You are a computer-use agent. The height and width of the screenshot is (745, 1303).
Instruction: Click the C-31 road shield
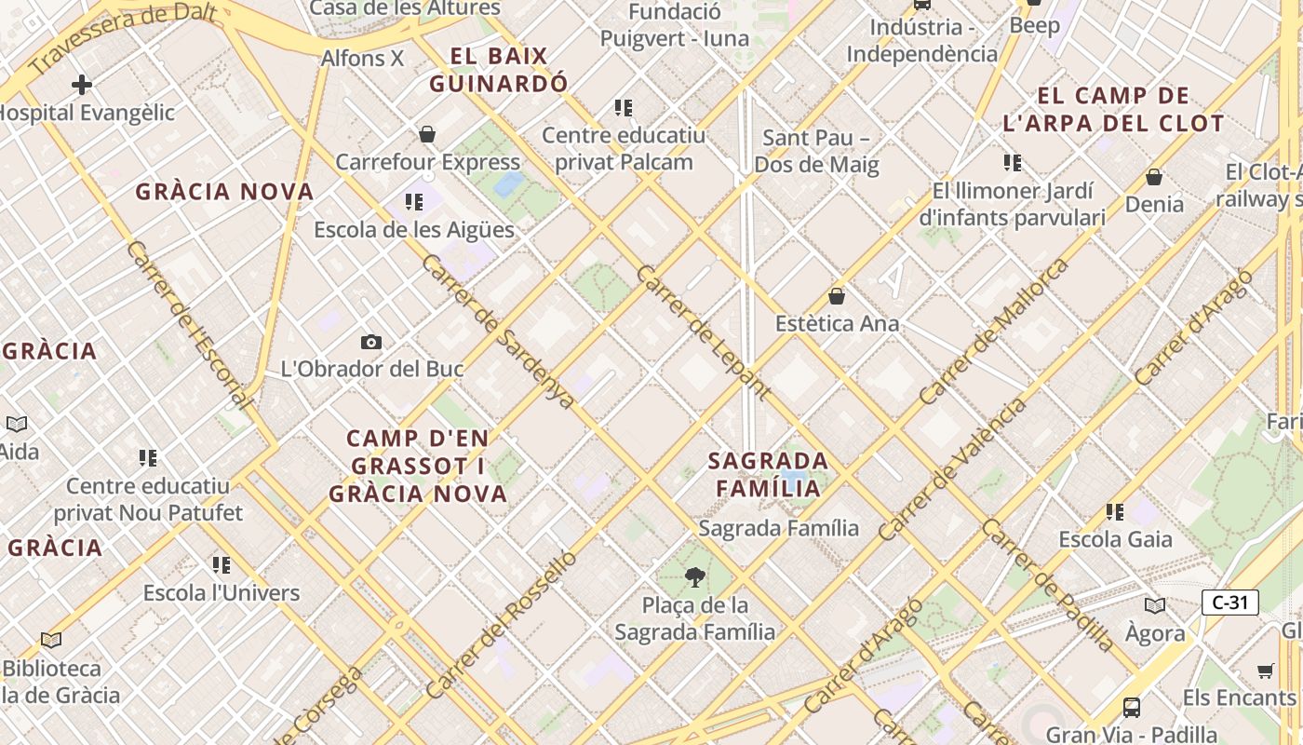click(1229, 603)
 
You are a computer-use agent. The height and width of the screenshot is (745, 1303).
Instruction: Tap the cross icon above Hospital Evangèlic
click(82, 85)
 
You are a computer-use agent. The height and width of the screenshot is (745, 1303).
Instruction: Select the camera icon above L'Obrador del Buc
click(371, 343)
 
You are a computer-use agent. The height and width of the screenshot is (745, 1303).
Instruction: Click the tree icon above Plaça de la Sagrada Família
click(694, 577)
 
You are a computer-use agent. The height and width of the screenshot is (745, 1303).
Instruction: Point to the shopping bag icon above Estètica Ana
click(837, 296)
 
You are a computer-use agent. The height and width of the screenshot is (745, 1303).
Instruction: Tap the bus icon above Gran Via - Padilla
click(1132, 708)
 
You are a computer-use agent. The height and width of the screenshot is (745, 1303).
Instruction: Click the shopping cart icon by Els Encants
click(1266, 670)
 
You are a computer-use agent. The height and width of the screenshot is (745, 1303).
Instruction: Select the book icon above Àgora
click(1155, 606)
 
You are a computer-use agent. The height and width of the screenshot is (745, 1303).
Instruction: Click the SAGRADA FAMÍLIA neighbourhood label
click(768, 474)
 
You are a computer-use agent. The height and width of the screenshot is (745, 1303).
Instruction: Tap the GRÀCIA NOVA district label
click(224, 192)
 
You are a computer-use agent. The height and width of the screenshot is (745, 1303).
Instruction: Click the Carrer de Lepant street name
click(703, 332)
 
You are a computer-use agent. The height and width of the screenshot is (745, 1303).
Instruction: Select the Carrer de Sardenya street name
click(497, 331)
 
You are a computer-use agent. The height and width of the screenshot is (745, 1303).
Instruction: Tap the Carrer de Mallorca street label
click(993, 331)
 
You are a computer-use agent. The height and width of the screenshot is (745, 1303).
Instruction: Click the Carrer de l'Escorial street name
click(189, 325)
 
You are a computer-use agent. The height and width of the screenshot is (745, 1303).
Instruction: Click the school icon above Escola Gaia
click(1115, 511)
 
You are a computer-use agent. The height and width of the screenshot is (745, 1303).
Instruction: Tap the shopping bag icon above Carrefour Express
click(427, 134)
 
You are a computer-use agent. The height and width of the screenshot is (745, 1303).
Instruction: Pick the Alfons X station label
click(362, 58)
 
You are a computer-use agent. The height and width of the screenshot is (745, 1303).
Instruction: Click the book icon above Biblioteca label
click(51, 641)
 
